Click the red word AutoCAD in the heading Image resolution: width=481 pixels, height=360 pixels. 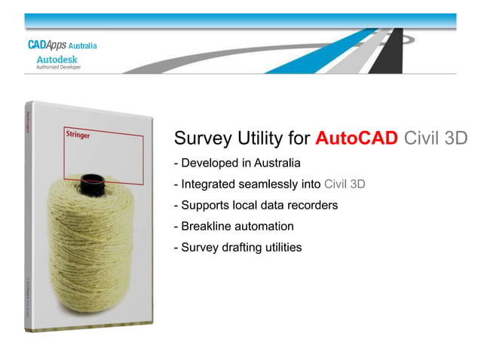click(356, 139)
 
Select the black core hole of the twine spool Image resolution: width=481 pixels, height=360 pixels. click(92, 181)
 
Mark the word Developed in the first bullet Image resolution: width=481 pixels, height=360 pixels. click(207, 163)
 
